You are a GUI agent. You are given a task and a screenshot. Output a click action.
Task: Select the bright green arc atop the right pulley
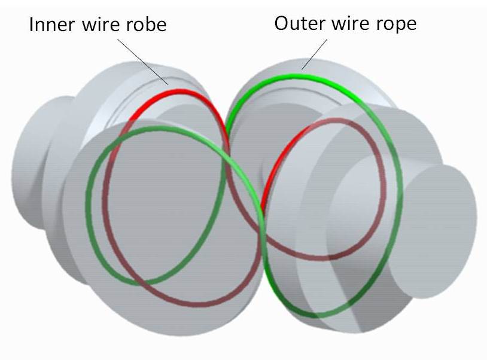click(299, 77)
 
